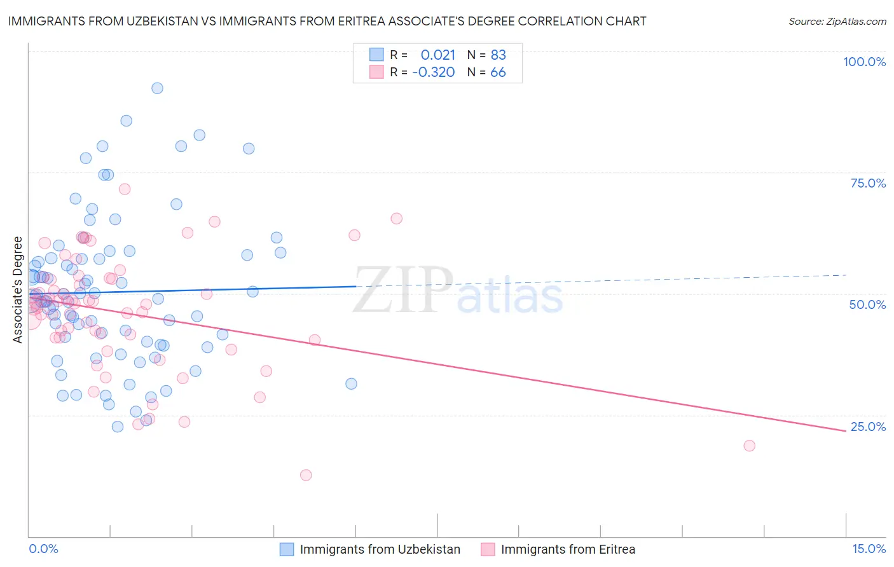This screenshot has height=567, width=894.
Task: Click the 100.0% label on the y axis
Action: pos(864,62)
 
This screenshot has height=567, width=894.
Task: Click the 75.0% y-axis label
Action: pos(868,183)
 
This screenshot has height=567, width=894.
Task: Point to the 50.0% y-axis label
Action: pos(867,304)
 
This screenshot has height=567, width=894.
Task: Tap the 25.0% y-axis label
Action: pos(868,427)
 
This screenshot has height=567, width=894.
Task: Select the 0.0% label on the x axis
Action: pos(43,549)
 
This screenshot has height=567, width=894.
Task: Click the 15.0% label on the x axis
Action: pos(869,549)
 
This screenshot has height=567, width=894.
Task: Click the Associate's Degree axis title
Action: pos(18,290)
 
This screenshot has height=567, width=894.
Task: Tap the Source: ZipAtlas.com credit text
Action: pos(837,21)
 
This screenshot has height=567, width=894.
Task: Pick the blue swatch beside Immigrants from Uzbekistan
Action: pos(287,549)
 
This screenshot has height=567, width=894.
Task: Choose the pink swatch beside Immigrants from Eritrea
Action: pos(488,549)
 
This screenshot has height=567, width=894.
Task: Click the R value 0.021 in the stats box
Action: pos(438,55)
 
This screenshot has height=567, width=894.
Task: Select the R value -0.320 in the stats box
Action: pos(434,72)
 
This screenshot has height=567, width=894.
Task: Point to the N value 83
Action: pos(498,55)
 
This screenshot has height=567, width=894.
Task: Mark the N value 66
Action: pos(498,72)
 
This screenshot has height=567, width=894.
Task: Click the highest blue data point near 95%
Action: pos(157,88)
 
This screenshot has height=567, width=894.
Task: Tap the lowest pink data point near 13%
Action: pos(306,475)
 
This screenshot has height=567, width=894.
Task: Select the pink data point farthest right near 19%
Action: pos(749,446)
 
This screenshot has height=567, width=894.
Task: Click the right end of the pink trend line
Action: pos(846,431)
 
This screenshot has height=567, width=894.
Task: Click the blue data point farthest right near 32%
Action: pos(351,384)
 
